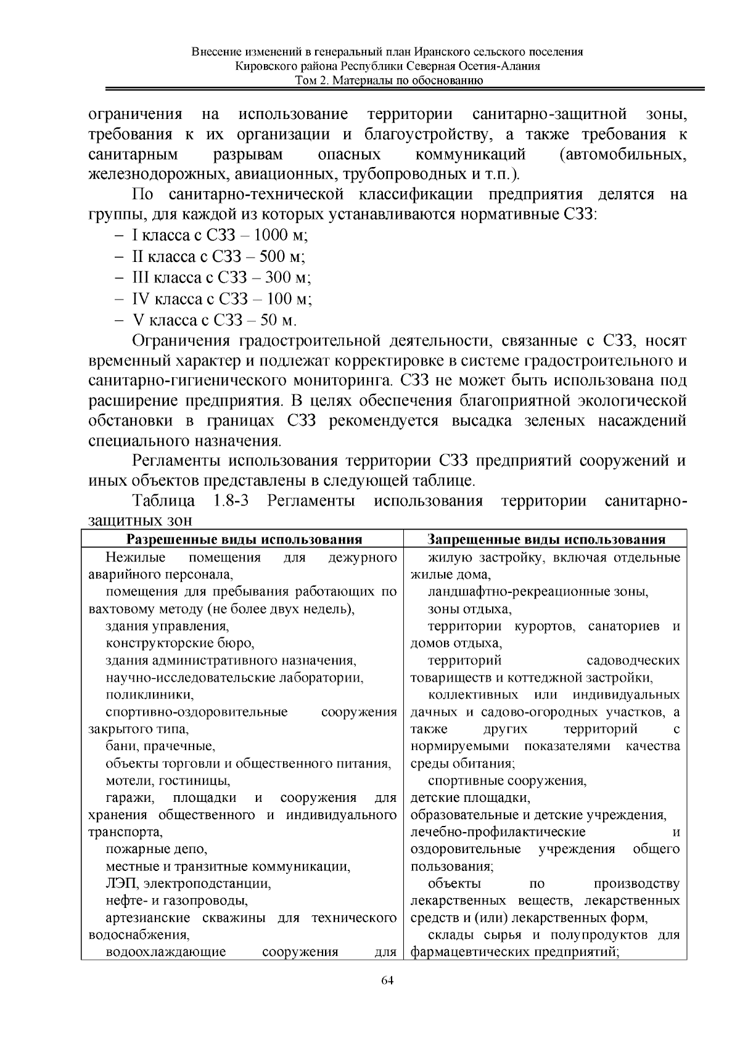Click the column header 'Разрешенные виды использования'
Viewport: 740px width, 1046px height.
coord(244,540)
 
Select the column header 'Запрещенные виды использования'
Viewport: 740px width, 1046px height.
coord(546,540)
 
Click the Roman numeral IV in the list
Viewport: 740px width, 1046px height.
coord(141,299)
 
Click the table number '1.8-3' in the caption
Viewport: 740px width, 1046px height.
coord(231,501)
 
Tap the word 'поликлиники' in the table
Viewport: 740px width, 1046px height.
coord(149,695)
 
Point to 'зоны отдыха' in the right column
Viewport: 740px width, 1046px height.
coord(469,610)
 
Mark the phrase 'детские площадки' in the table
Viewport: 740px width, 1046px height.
coord(470,798)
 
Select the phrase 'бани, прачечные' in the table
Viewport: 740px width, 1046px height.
coord(160,746)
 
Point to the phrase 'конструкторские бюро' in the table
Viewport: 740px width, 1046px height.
coord(179,644)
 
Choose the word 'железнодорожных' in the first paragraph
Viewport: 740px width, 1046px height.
coord(158,174)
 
